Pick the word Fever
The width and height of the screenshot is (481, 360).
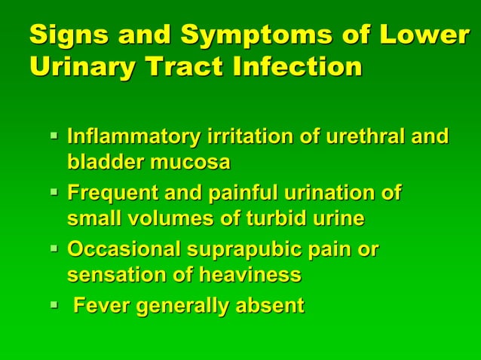(x=97, y=306)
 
